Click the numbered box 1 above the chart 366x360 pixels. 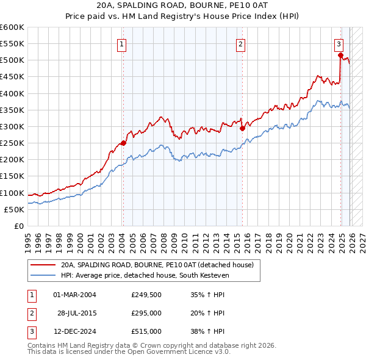tap(122, 44)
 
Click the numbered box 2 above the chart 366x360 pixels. tap(241, 44)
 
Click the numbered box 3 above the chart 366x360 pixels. tap(339, 44)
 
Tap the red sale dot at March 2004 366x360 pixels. tap(123, 143)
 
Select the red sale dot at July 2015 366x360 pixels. tap(242, 128)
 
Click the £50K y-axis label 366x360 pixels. tap(15, 209)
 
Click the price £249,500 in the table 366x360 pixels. tap(146, 295)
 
